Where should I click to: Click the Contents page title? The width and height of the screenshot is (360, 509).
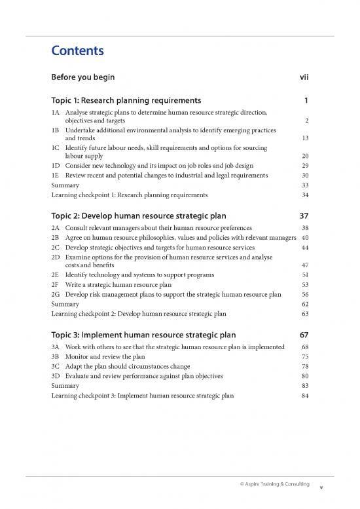pyautogui.click(x=77, y=50)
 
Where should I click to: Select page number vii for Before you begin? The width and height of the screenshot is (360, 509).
pyautogui.click(x=303, y=77)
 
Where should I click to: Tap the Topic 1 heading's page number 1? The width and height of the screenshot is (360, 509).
pyautogui.click(x=306, y=100)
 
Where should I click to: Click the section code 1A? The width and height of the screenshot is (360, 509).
pyautogui.click(x=56, y=113)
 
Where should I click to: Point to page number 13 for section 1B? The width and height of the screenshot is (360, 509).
pyautogui.click(x=304, y=138)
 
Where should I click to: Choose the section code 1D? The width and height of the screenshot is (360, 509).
pyautogui.click(x=56, y=166)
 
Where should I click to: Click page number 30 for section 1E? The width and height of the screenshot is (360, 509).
pyautogui.click(x=304, y=176)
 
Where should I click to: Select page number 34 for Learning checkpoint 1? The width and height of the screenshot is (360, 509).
pyautogui.click(x=304, y=195)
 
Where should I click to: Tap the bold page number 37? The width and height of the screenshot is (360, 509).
pyautogui.click(x=302, y=216)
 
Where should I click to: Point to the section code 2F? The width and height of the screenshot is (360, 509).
pyautogui.click(x=56, y=285)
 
